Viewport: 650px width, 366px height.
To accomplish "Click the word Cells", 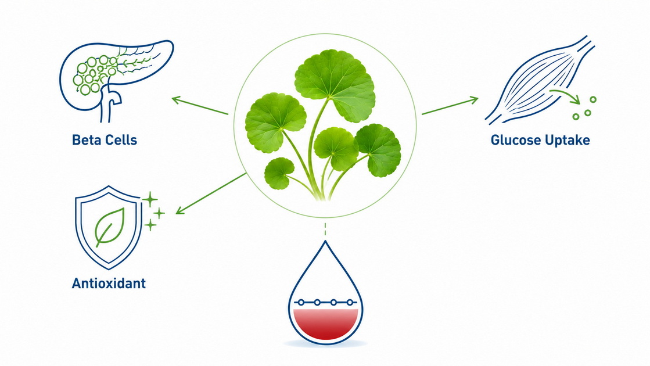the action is (121, 139).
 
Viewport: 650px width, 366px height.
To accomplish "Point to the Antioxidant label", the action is (109, 283).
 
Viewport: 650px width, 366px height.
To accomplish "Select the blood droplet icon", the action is (325, 295).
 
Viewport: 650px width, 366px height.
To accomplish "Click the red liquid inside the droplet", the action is (325, 324).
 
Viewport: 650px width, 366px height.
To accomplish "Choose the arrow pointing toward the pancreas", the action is (200, 105).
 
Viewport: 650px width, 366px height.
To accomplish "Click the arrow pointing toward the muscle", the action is (450, 106).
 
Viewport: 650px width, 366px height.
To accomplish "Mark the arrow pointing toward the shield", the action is (211, 193).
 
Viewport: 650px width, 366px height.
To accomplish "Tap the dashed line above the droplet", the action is (325, 229).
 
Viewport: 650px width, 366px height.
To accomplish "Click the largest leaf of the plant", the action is (335, 85).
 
